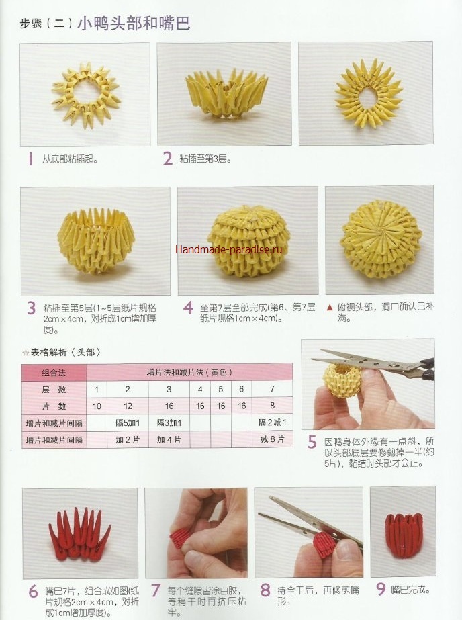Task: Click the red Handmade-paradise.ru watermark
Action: (229, 249)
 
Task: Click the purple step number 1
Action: (30, 159)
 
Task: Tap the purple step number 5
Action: (312, 442)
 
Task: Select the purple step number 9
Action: (380, 589)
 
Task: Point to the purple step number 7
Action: (156, 590)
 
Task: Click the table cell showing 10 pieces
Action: (97, 406)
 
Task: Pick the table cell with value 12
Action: (128, 406)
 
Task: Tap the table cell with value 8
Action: (273, 406)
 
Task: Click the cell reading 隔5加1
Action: (128, 423)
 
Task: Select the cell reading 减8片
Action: (273, 439)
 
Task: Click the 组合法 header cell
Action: (54, 373)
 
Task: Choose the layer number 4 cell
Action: (200, 390)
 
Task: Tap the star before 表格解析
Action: (26, 352)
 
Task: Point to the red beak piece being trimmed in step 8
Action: (325, 545)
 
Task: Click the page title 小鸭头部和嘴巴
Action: (134, 24)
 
